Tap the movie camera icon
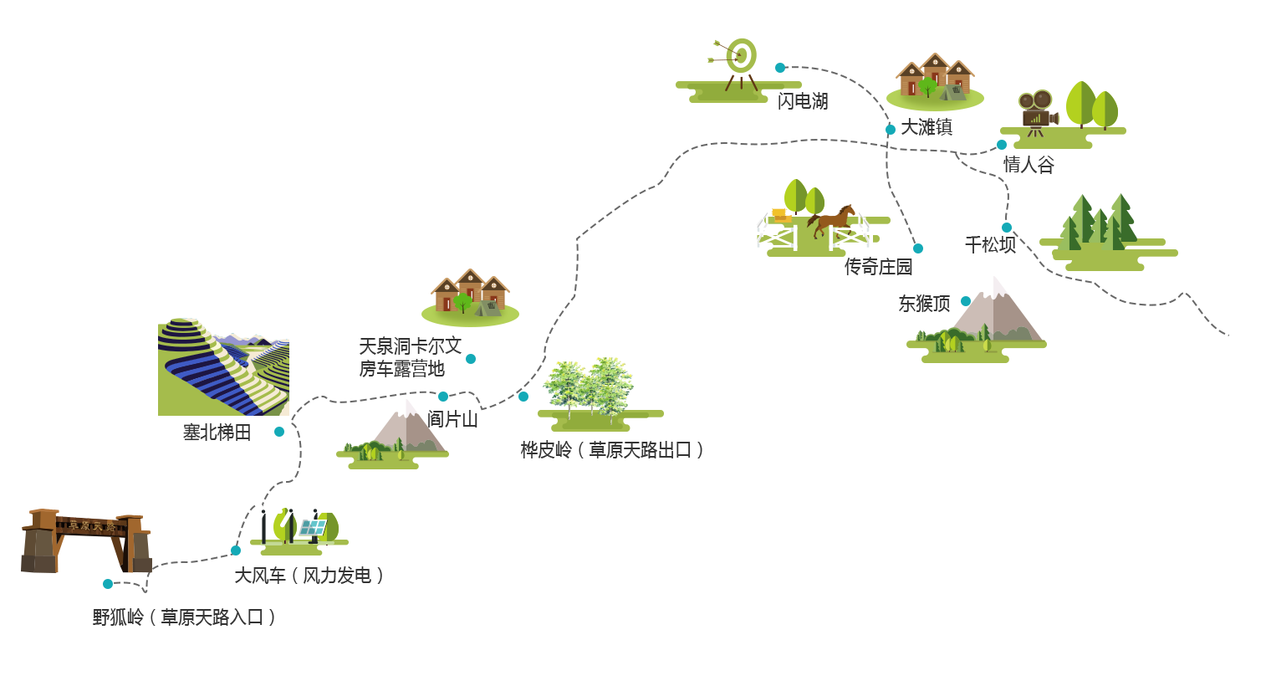coord(1037,108)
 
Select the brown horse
coord(831,219)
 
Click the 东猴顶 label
coord(924,304)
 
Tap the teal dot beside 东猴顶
coord(966,301)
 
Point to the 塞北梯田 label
coord(217,433)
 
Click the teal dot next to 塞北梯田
coord(279,432)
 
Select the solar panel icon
coord(312,528)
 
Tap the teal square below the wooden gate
coord(107,583)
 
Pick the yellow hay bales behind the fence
coord(782,215)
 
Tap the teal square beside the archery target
coord(779,67)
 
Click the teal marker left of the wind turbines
coord(235,550)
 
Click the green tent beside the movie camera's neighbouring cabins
coord(954,93)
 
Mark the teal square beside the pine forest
coord(1006,227)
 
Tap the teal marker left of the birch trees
coord(523,396)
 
